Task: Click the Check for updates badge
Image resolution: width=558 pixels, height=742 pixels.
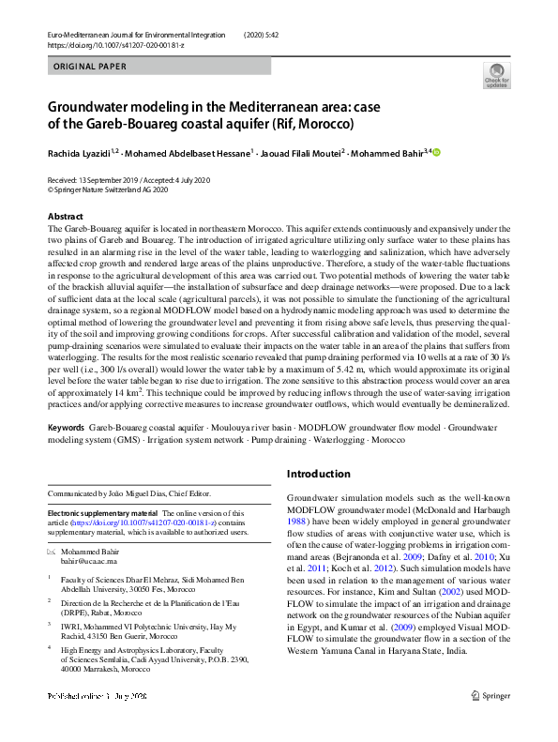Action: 496,75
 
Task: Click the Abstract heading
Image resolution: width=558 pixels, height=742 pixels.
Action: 65,217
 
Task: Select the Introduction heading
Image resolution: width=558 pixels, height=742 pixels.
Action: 318,474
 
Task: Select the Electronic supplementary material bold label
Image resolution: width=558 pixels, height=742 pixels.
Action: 103,513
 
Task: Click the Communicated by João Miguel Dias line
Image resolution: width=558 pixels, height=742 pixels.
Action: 129,493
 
